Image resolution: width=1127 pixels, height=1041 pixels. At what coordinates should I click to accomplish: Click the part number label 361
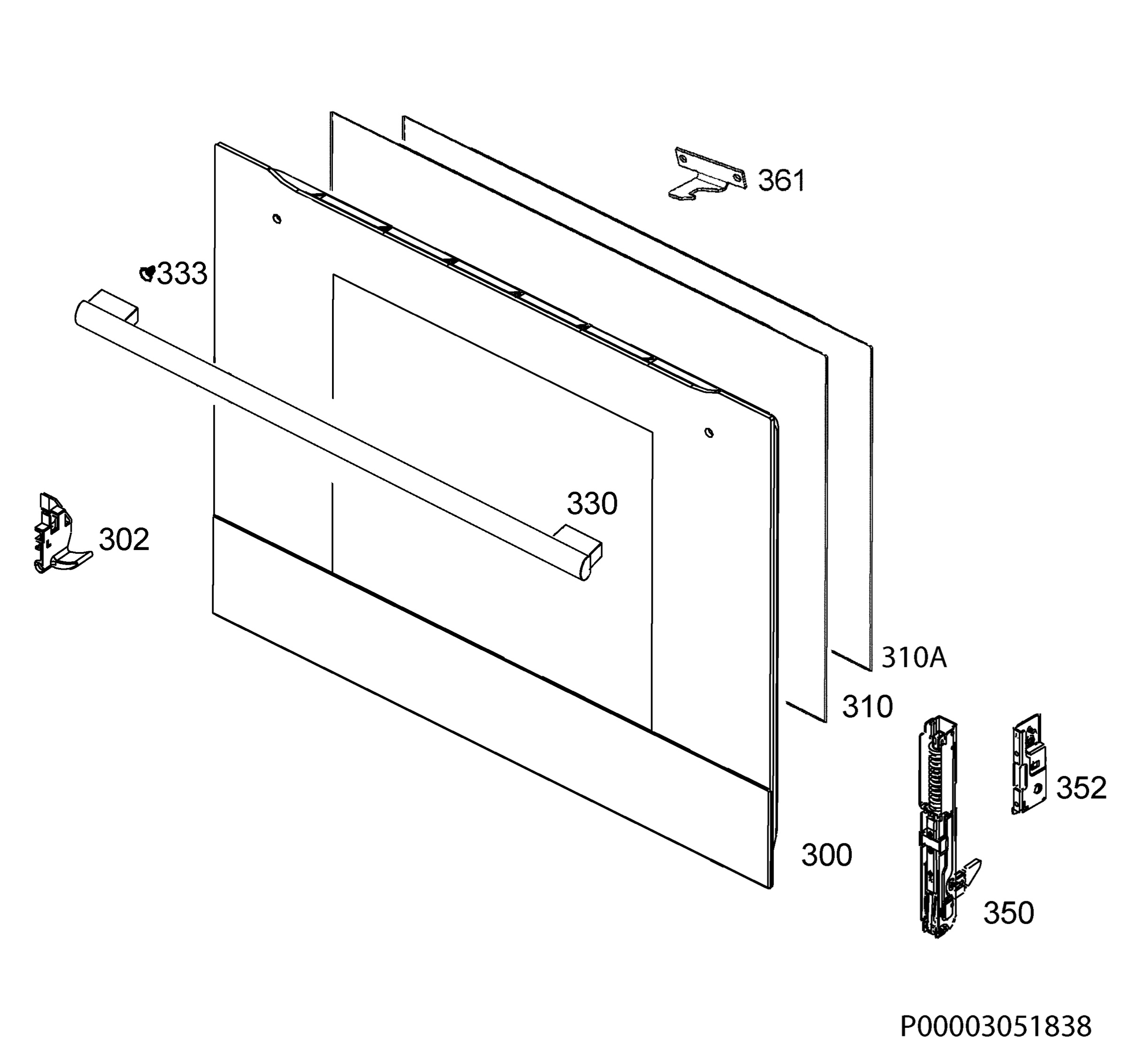coord(781,180)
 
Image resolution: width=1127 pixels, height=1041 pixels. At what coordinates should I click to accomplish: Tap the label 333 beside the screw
coord(182,274)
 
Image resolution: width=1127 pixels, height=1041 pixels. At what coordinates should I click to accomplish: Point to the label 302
coord(124,539)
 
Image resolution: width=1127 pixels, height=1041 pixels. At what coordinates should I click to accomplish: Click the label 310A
coord(913,657)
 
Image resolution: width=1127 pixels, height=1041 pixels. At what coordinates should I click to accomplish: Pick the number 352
coord(1081,787)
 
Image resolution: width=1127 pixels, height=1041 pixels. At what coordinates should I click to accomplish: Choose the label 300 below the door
coord(826,855)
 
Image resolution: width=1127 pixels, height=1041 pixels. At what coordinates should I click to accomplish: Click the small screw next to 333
coord(147,274)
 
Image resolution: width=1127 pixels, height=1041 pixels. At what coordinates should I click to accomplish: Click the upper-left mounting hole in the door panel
coord(277,218)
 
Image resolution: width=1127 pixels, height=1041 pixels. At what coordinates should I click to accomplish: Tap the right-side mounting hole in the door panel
coord(709,433)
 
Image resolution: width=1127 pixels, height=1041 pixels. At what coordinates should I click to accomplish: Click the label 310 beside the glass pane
coord(867,707)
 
